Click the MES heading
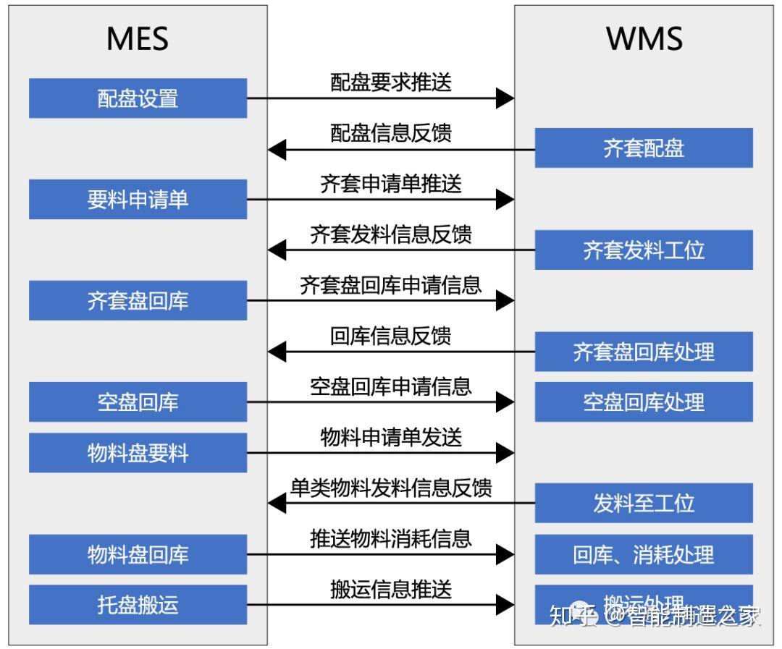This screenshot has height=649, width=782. (138, 39)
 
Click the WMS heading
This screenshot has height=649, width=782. (644, 39)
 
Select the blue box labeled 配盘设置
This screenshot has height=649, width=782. (138, 98)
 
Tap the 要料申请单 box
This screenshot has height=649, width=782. (138, 200)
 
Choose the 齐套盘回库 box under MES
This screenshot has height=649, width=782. (138, 301)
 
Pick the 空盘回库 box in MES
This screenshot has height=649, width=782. (138, 402)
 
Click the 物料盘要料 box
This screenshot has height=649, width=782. (138, 454)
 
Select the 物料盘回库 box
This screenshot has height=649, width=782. (138, 555)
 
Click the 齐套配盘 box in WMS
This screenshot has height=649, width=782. (644, 148)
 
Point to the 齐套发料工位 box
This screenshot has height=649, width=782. (644, 250)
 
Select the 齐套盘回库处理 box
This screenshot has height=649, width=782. (644, 352)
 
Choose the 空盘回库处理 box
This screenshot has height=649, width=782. (644, 402)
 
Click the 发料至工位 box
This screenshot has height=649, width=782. (644, 504)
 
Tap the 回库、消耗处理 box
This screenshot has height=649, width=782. (644, 555)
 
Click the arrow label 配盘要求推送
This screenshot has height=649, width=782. (391, 82)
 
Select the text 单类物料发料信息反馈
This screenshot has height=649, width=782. (391, 488)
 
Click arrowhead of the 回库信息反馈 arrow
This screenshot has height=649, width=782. (277, 352)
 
